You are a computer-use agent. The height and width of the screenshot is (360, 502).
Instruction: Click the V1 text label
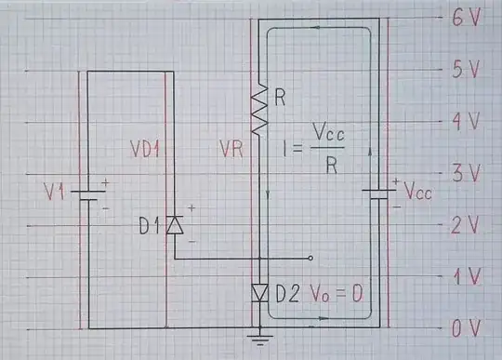56,194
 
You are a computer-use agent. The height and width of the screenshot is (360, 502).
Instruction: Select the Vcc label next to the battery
417,189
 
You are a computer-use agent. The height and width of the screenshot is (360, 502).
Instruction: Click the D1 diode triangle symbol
174,224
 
